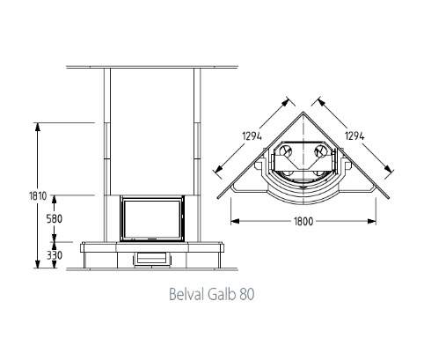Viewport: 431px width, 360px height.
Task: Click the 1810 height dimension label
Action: pyautogui.click(x=38, y=195)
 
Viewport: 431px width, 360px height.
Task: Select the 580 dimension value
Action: pyautogui.click(x=55, y=218)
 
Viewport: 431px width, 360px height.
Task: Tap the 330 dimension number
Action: pyautogui.click(x=55, y=255)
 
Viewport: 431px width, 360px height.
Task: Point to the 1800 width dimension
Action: pyautogui.click(x=303, y=221)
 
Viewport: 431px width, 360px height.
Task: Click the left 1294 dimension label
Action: pyautogui.click(x=252, y=136)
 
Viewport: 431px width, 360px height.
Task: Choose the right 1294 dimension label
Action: pyautogui.click(x=354, y=136)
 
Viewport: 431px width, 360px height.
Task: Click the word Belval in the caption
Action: pyautogui.click(x=186, y=294)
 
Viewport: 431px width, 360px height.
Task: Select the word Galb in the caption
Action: pyautogui.click(x=222, y=294)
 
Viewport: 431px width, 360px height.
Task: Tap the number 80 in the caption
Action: pyautogui.click(x=246, y=294)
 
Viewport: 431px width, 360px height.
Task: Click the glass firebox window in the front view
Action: pyautogui.click(x=152, y=218)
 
